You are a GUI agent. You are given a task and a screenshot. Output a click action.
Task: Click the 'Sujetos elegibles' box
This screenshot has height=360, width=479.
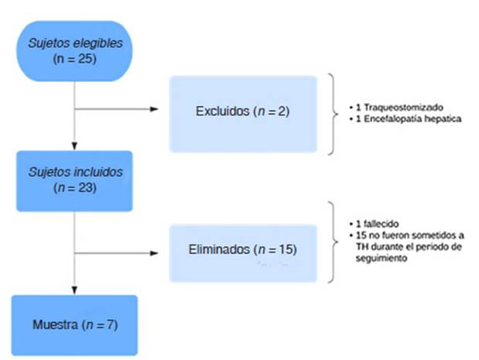coord(73,51)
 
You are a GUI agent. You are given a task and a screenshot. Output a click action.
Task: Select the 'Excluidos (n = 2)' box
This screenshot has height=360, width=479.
coord(242,113)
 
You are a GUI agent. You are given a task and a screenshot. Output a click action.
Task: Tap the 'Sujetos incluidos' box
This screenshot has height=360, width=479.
coord(75,180)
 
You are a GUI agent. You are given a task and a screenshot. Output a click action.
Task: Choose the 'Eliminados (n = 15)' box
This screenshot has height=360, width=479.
coord(242,251)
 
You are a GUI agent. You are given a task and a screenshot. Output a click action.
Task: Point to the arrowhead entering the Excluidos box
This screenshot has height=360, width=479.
coord(165,108)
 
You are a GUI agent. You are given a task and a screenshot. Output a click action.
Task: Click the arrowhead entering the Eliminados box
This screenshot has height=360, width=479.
coord(165,251)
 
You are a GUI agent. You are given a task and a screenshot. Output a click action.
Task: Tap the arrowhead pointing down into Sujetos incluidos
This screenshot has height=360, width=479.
coord(74,146)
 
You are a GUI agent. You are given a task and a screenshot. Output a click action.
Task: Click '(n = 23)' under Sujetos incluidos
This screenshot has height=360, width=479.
coord(75,187)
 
